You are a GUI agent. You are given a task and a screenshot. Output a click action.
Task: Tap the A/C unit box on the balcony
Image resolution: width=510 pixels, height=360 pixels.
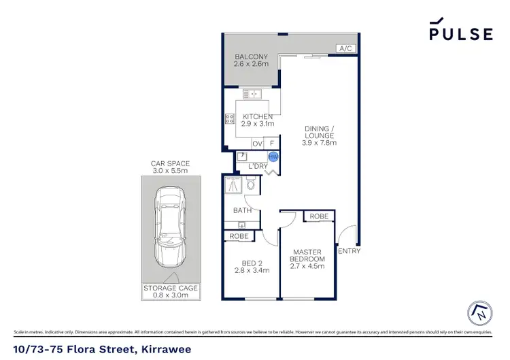tap(345, 48)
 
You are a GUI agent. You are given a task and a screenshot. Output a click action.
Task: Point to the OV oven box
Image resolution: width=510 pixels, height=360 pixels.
tap(257, 144)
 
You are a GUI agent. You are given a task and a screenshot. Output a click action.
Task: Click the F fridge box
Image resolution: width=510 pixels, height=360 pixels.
tap(273, 144)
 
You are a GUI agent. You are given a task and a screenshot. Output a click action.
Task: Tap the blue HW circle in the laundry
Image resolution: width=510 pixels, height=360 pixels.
tap(273, 157)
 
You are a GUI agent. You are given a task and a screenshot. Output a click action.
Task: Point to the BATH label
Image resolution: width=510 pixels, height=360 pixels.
tap(243, 210)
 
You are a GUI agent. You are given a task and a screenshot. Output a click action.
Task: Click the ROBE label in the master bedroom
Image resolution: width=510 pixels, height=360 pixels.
tap(319, 216)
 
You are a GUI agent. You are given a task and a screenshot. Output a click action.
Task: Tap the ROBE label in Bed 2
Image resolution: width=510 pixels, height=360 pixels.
tap(238, 236)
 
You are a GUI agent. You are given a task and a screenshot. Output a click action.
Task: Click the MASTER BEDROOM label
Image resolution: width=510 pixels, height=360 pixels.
tap(308, 256)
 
